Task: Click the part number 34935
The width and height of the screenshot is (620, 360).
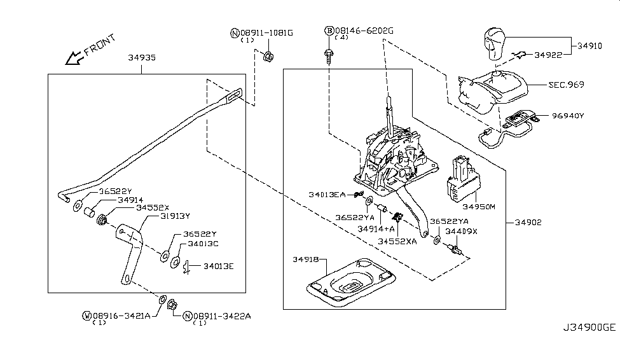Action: click(x=142, y=58)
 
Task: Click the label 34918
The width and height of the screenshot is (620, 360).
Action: click(x=308, y=260)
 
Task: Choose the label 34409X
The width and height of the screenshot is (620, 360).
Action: click(x=461, y=232)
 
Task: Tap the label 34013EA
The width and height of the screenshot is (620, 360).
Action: click(x=327, y=194)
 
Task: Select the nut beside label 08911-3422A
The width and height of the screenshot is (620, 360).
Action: click(x=171, y=306)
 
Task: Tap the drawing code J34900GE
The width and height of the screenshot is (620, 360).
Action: click(x=588, y=345)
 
